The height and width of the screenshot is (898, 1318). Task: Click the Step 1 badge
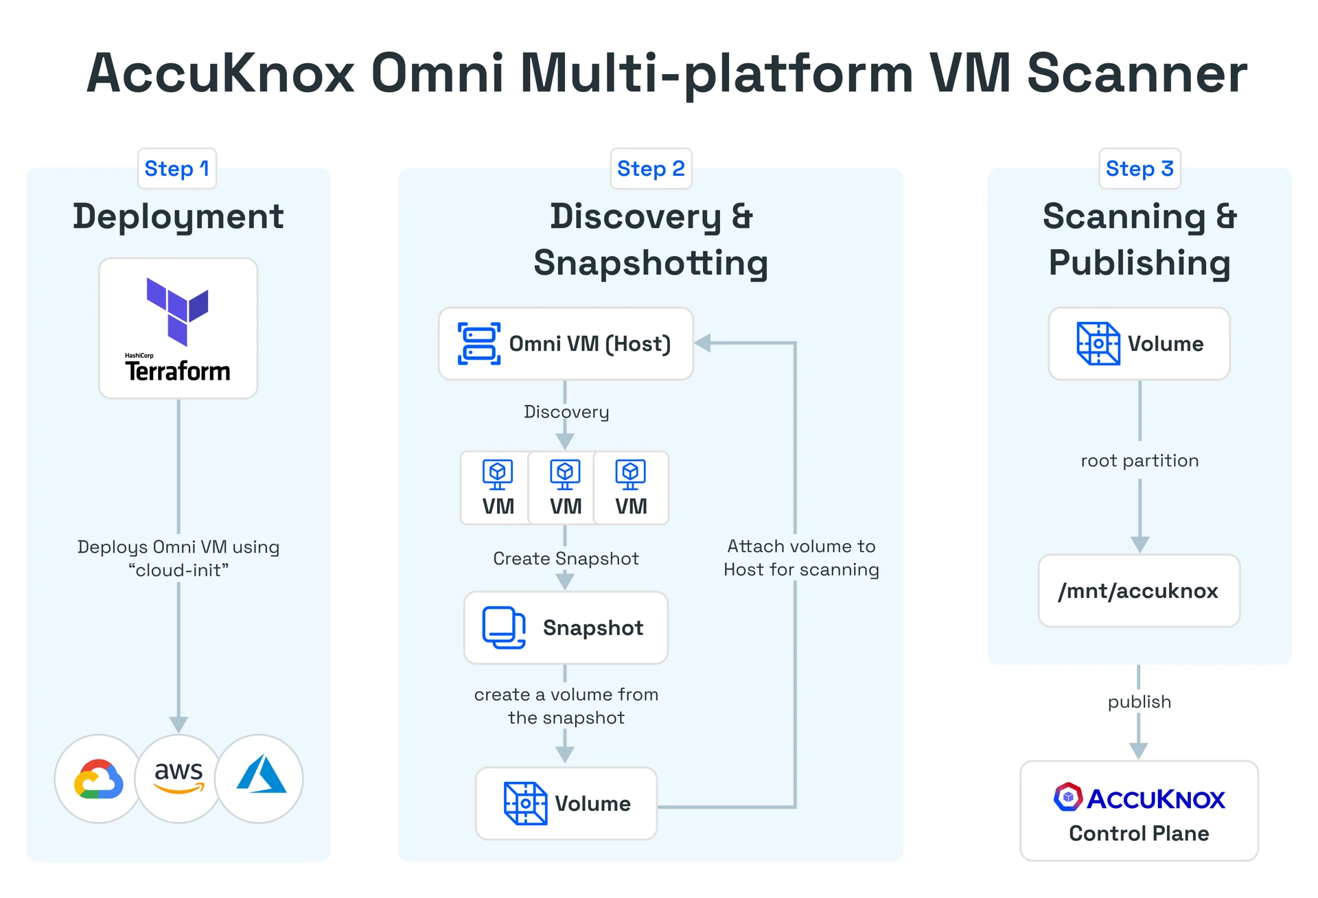176,169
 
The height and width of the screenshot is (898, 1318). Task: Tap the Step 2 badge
651,169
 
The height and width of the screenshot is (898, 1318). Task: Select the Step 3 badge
1140,169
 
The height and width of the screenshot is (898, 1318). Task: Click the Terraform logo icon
177,310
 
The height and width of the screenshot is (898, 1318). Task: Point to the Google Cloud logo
99,779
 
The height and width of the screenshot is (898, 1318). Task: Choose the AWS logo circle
178,779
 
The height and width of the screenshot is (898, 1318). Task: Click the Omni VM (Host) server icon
478,343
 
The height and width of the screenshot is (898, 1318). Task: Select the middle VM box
565,488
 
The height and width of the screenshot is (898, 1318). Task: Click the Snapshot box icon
504,628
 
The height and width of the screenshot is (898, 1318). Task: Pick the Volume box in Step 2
566,803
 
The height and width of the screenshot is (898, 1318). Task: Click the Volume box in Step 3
1140,343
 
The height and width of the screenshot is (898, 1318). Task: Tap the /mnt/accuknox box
1139,591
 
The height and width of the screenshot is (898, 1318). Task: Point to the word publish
1139,702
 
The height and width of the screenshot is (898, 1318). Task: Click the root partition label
1140,461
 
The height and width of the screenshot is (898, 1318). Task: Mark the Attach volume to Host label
801,557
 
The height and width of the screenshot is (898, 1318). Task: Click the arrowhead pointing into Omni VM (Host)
703,343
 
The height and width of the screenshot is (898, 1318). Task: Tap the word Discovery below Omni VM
566,412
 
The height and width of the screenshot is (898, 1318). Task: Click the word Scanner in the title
1137,73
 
